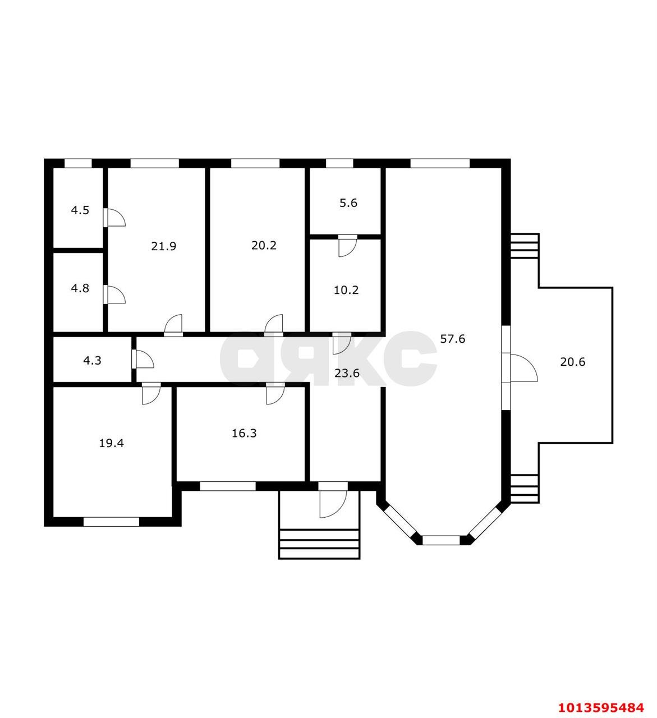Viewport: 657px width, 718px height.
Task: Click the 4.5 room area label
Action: (80, 210)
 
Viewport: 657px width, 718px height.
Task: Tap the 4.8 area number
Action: (80, 288)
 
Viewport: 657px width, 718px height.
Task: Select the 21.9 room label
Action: (164, 246)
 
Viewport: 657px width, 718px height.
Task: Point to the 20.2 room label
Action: (264, 246)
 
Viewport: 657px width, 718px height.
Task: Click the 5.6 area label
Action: (348, 203)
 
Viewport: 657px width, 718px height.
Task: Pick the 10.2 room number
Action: (346, 290)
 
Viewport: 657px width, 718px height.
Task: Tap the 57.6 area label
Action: (453, 339)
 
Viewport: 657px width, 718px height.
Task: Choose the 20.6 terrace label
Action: (573, 362)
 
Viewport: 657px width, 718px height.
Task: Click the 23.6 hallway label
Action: (347, 374)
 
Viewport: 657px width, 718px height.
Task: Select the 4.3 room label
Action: (93, 361)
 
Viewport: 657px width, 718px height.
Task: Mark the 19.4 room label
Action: (111, 444)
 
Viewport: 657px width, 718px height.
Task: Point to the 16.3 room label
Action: (244, 434)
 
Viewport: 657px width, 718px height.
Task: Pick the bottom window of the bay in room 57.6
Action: (441, 540)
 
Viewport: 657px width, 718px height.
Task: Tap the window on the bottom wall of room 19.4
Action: (111, 522)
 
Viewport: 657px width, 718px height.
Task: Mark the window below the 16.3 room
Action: (228, 486)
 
